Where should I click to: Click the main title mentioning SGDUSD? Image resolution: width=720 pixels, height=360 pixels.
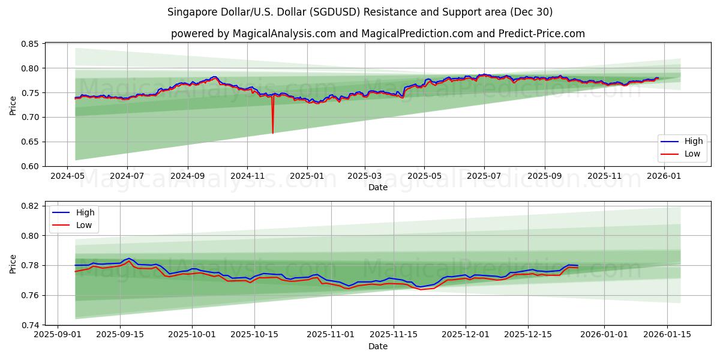pos(360,12)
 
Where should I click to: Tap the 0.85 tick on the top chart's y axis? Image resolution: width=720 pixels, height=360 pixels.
pos(29,44)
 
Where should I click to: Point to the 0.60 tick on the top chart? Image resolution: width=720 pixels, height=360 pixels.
pos(29,166)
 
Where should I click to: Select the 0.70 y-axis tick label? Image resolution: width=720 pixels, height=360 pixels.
pos(29,117)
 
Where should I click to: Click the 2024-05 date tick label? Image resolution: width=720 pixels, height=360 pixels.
pos(67,176)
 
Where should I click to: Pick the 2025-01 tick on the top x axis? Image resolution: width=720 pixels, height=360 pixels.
pos(307,176)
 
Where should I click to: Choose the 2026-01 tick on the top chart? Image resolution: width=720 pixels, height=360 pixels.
pos(664,176)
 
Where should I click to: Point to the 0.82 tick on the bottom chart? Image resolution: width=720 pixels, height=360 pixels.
pos(29,206)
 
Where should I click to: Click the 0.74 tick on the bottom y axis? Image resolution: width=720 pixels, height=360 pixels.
pos(29,325)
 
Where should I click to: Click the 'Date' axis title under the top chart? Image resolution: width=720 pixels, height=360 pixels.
pos(378,187)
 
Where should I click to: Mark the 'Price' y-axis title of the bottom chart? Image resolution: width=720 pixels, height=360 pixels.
pos(13,264)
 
